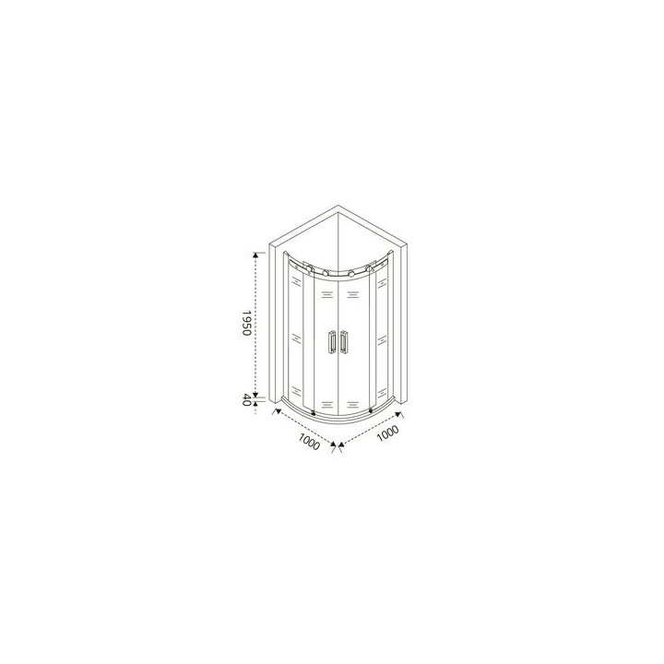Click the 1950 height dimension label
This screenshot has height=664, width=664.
click(246, 323)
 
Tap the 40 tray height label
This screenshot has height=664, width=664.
click(246, 399)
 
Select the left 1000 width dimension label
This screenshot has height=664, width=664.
click(309, 442)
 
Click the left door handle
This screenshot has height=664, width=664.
click(331, 341)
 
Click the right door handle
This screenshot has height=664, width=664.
click(344, 341)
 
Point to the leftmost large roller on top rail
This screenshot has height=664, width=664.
click(310, 268)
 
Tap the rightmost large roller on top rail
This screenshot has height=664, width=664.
click(369, 268)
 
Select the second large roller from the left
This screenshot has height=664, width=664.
click(326, 273)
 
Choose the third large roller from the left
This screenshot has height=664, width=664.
click(351, 273)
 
